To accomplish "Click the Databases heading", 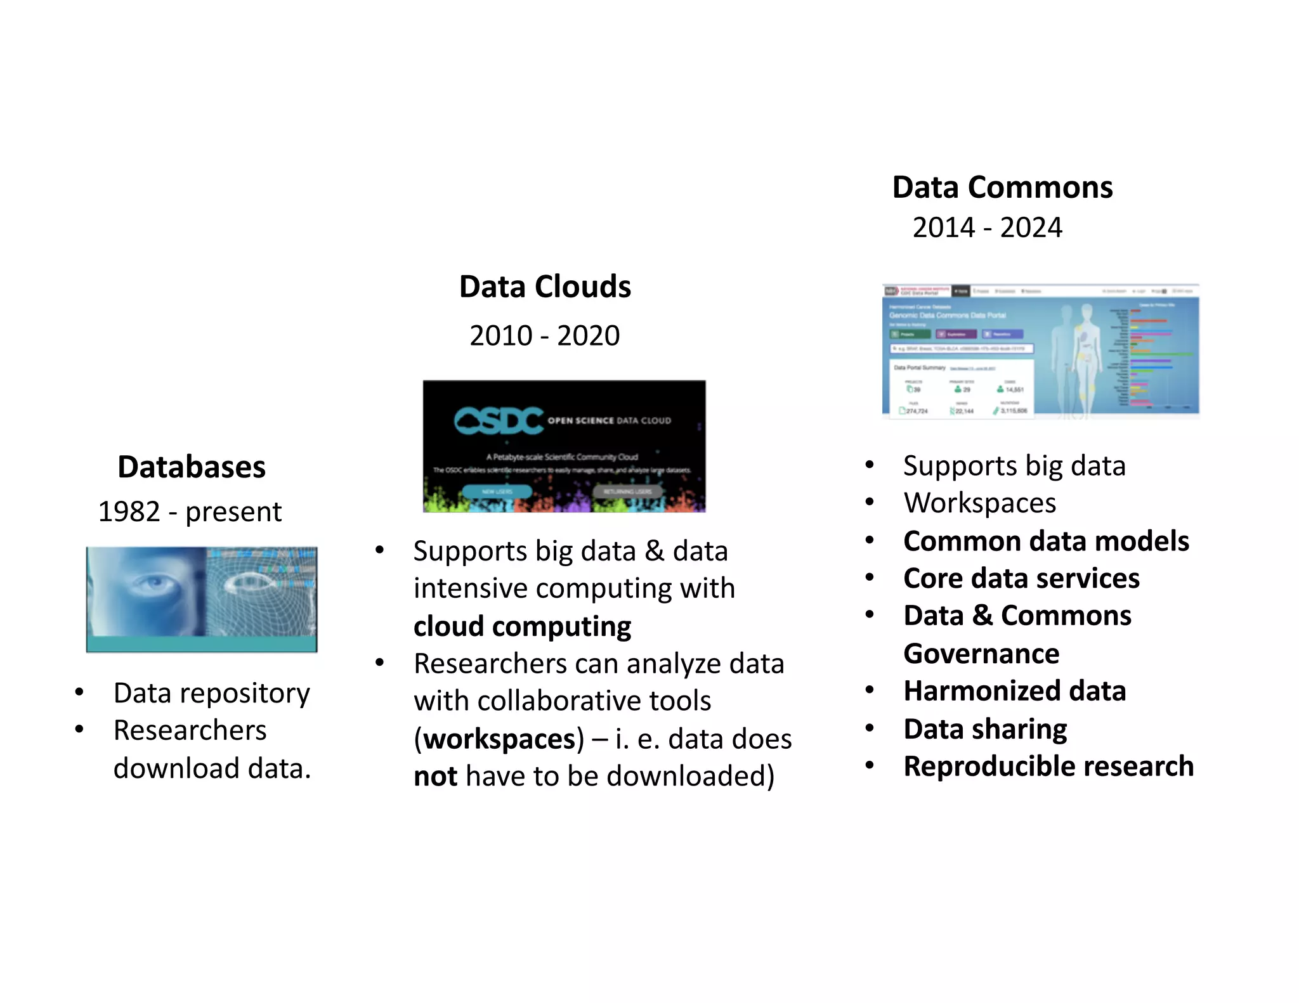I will tap(192, 467).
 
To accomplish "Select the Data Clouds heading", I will tap(545, 287).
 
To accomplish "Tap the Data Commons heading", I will tap(1002, 188).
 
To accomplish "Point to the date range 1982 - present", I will tap(190, 512).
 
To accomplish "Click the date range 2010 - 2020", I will tap(544, 335).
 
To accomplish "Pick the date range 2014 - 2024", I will tap(987, 228).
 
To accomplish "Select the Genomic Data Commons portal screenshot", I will tap(1040, 352).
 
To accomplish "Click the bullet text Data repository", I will tap(211, 693).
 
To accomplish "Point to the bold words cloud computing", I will tap(522, 626).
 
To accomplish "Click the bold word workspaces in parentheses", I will tap(499, 739).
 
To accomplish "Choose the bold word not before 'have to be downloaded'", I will tap(435, 777).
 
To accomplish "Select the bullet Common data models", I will tap(1046, 541).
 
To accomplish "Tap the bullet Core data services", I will tap(1021, 578).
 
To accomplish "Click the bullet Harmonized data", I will tap(1014, 691).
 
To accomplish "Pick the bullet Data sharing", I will tap(985, 729).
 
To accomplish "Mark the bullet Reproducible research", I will tap(1048, 767).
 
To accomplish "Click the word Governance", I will tap(981, 654).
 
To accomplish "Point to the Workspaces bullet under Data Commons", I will tap(980, 503).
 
